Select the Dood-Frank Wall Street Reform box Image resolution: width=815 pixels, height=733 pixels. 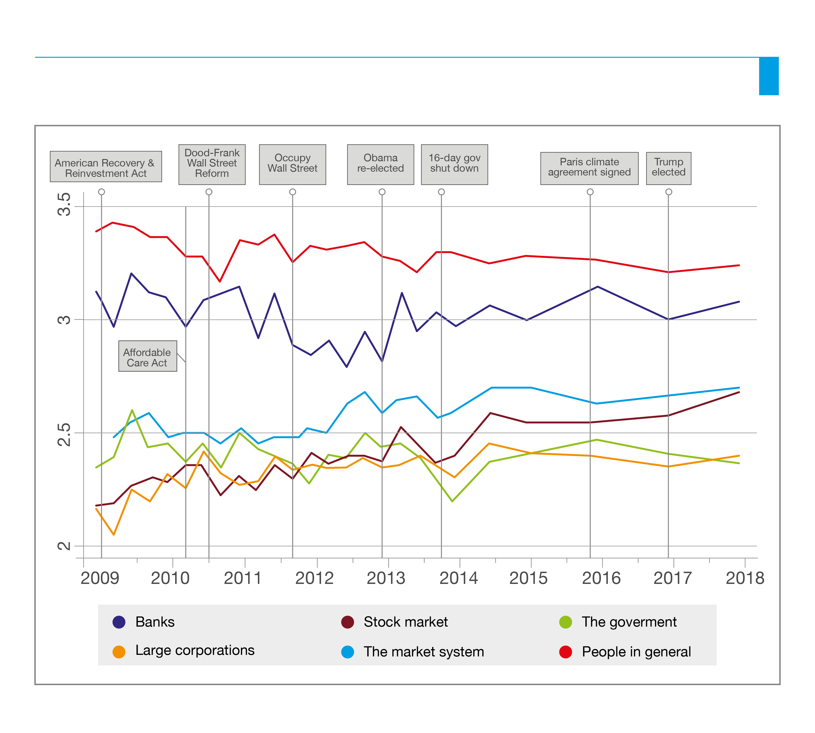pos(212,164)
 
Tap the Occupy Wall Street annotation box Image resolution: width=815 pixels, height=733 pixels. pos(292,164)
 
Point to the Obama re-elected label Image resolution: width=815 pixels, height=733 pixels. pos(380,164)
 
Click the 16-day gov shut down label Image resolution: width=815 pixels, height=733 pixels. pos(455,164)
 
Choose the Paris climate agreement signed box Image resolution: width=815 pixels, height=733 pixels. pos(589,168)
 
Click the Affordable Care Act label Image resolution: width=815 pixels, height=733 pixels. pos(147,357)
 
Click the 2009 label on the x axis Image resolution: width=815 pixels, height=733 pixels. pos(100,578)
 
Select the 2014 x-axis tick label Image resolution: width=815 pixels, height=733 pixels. pos(458,578)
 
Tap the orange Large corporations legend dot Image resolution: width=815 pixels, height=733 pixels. pos(119,652)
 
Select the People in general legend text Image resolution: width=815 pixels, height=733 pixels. pos(636,652)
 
